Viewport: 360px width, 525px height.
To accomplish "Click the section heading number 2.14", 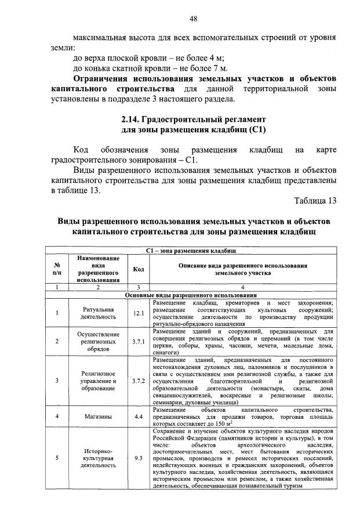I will (128, 119).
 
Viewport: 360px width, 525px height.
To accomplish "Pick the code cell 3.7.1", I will (138, 342).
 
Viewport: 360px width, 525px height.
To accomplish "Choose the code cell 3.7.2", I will (138, 381).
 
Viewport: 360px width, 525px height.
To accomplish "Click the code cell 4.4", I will (138, 416).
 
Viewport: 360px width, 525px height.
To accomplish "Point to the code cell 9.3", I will (138, 458).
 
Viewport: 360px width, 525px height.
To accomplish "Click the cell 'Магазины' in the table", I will (97, 416).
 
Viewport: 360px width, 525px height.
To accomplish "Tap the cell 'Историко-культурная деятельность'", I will (97, 458).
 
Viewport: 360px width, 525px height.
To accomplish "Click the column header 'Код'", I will (139, 269).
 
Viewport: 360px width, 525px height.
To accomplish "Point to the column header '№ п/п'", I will (57, 269).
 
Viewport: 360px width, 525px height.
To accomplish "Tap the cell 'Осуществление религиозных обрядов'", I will (97, 342).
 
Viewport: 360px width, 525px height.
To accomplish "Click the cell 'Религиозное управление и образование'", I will (97, 381).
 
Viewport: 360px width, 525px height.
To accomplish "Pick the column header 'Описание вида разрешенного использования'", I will (243, 269).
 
